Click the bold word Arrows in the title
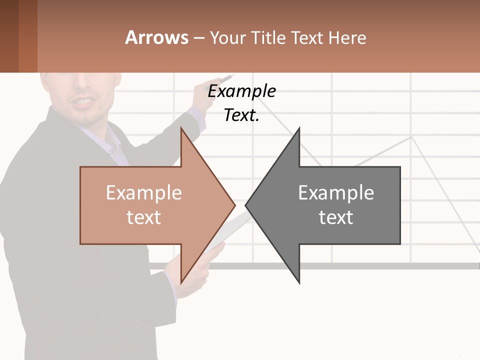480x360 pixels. click(156, 37)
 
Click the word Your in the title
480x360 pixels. click(227, 37)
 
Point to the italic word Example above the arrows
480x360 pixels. click(241, 91)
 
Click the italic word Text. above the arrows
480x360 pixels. click(241, 115)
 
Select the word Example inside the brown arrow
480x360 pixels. click(143, 193)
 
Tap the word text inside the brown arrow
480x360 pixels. click(143, 217)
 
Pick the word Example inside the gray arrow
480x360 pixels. click(336, 193)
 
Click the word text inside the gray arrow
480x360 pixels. click(336, 217)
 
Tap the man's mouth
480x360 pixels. click(84, 103)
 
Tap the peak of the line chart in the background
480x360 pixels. click(411, 136)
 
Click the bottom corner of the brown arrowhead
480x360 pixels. click(181, 282)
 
